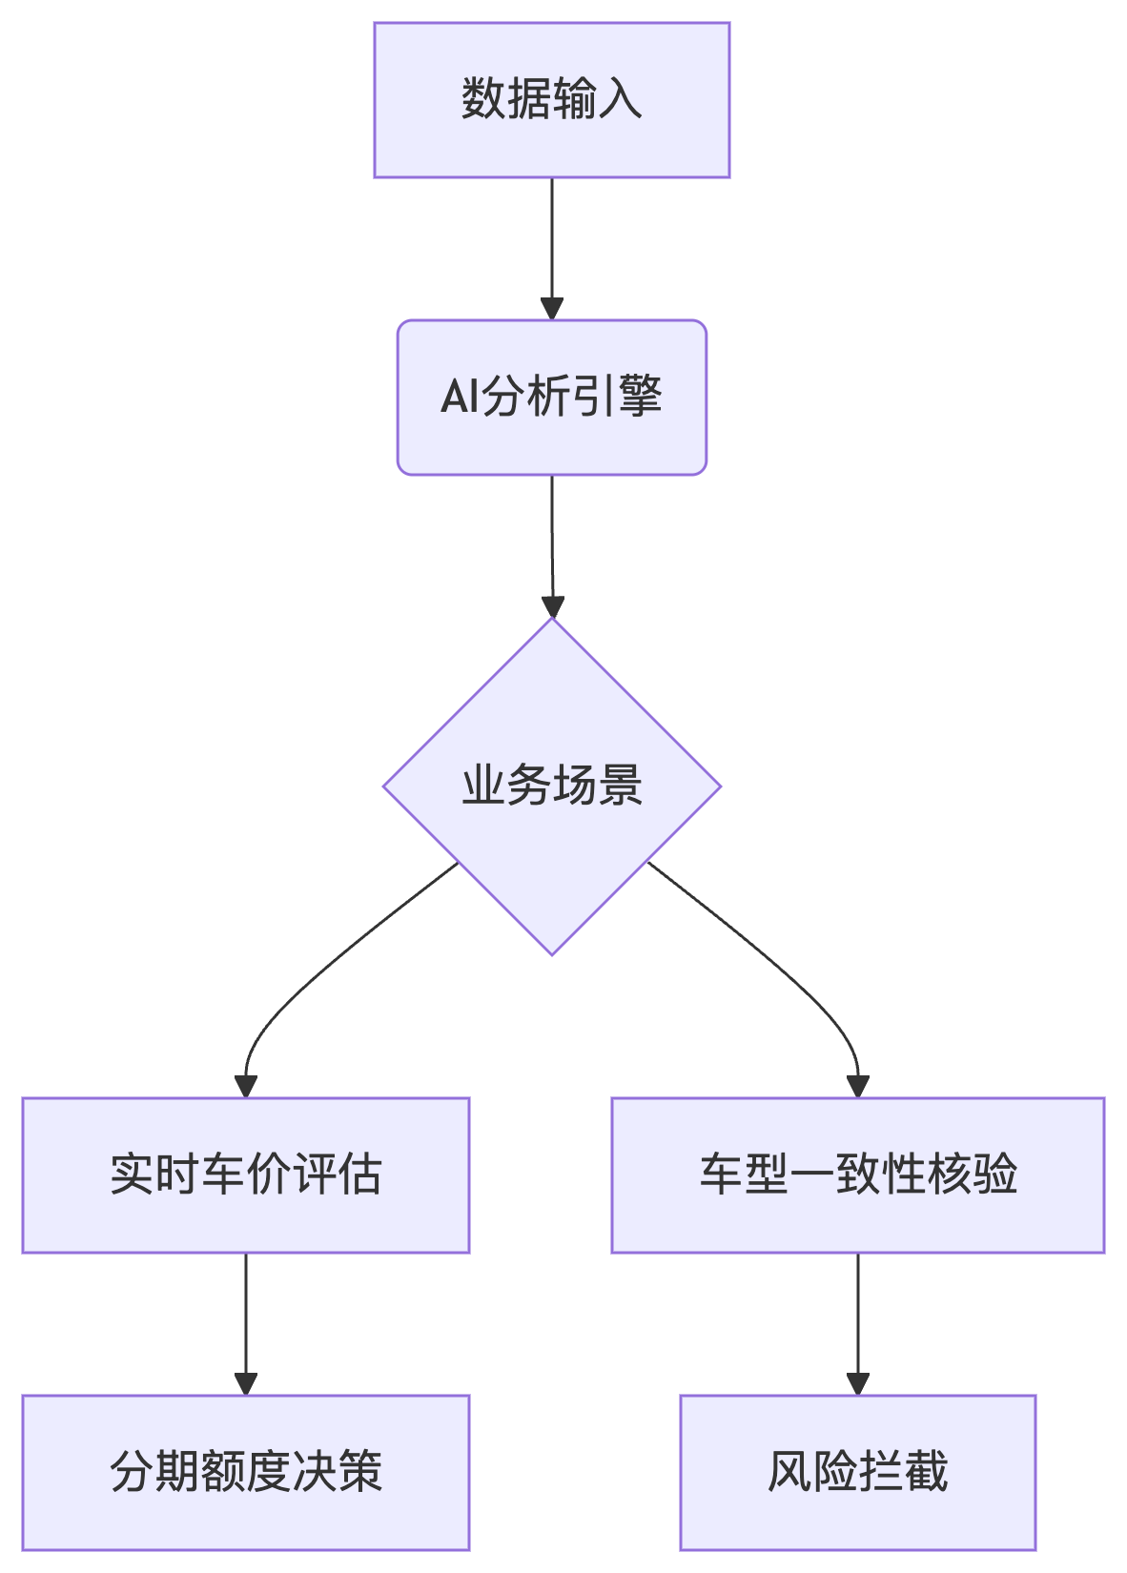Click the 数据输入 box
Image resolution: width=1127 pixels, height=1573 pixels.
(x=551, y=100)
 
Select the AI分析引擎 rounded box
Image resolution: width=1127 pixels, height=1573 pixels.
(x=551, y=398)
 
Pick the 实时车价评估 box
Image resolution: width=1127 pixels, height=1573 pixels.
(x=245, y=1175)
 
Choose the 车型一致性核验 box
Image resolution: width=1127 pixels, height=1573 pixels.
(x=857, y=1175)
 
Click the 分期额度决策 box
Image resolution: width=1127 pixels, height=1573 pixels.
(x=245, y=1472)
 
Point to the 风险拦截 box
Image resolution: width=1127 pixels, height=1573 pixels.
(x=857, y=1472)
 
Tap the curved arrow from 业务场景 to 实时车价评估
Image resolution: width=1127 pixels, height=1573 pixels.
(x=315, y=972)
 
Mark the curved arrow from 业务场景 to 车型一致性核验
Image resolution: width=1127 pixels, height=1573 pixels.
(x=791, y=972)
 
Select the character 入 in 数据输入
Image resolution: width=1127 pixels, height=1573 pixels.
(x=621, y=99)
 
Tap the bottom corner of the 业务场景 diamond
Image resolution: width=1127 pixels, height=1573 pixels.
(x=551, y=952)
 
